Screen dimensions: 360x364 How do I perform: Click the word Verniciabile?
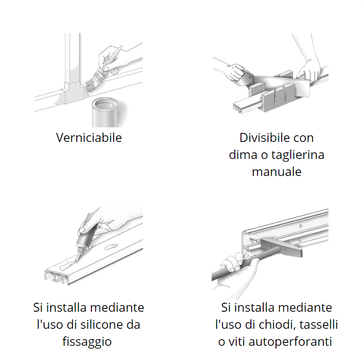[x=89, y=138]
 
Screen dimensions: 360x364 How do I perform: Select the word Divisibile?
[x=261, y=138]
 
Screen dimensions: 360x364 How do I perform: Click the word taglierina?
[x=298, y=155]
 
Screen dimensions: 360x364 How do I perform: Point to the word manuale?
[x=276, y=171]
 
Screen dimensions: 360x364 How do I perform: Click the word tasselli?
[x=321, y=325]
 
